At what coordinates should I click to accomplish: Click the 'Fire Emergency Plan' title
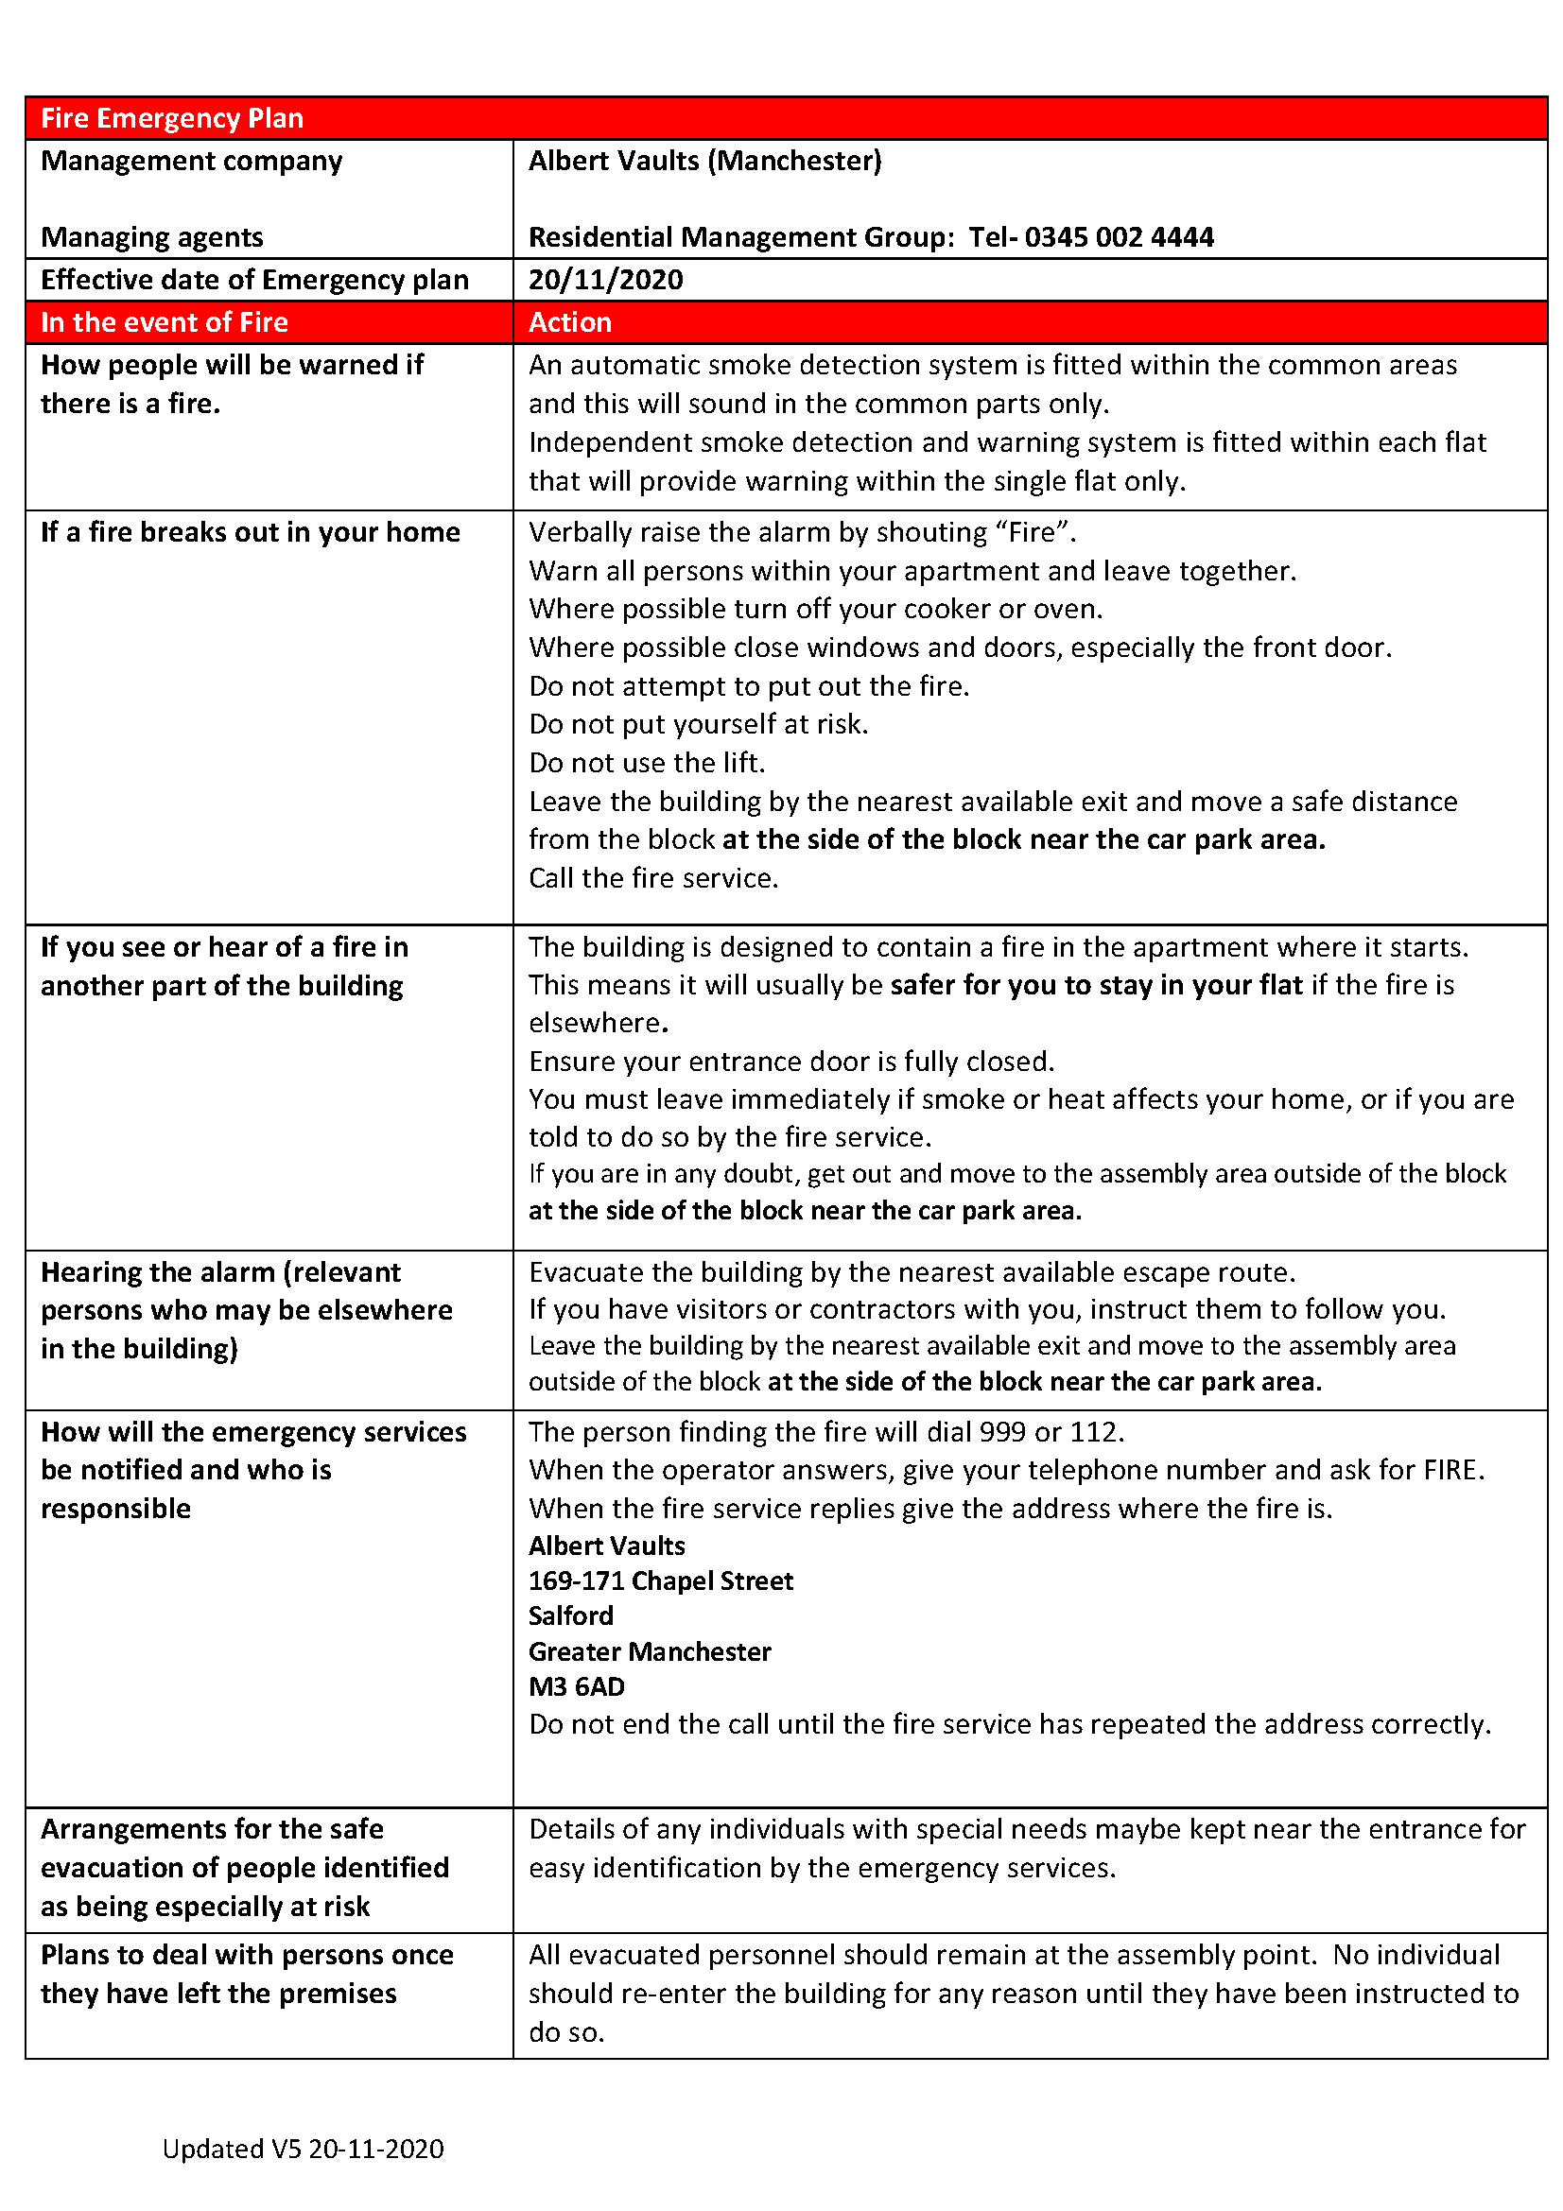point(171,118)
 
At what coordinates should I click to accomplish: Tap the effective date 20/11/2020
point(605,279)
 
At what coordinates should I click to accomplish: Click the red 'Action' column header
point(569,321)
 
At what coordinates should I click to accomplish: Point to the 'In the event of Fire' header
point(164,321)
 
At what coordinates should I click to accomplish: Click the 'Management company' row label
point(191,161)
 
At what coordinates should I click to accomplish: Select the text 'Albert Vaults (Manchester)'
point(704,161)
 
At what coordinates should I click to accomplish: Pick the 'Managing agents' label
point(151,237)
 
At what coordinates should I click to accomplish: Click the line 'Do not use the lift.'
point(646,763)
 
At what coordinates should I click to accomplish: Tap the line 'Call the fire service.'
point(653,878)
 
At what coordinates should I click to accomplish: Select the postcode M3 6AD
point(576,1687)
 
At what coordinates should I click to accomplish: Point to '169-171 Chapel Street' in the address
point(661,1581)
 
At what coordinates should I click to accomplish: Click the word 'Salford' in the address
point(570,1615)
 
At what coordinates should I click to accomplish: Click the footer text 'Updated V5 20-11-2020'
point(303,2149)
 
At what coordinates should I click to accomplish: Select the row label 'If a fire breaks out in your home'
point(250,532)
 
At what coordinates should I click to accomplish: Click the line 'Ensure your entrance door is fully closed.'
point(790,1062)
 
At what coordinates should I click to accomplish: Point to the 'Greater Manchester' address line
point(649,1652)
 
